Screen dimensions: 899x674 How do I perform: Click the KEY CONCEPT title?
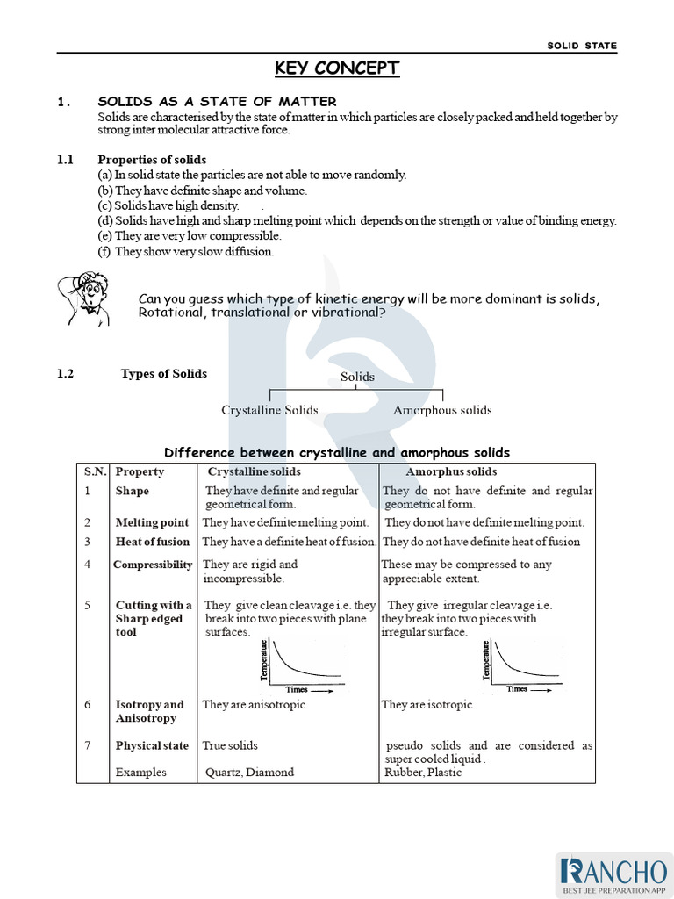[x=337, y=68]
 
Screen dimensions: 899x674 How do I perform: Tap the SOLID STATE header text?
[x=582, y=46]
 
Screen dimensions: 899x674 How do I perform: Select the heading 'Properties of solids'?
[x=152, y=160]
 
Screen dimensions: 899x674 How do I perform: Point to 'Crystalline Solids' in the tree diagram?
[x=269, y=410]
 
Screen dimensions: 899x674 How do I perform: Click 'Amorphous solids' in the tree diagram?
[x=442, y=410]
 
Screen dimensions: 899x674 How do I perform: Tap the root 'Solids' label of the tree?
[x=357, y=377]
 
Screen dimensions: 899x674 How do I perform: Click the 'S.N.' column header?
[x=95, y=472]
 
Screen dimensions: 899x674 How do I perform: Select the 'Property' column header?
[x=140, y=472]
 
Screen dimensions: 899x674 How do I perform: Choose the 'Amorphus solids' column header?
[x=450, y=472]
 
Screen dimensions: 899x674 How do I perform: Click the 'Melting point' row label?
[x=152, y=522]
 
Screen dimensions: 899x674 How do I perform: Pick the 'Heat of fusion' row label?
[x=152, y=542]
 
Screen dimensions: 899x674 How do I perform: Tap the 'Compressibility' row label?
[x=153, y=565]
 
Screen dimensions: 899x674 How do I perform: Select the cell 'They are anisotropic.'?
[x=255, y=705]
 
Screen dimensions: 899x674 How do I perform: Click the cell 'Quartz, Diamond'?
[x=250, y=773]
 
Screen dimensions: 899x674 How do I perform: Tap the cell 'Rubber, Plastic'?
[x=422, y=773]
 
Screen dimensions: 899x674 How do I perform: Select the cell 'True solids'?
[x=230, y=745]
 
